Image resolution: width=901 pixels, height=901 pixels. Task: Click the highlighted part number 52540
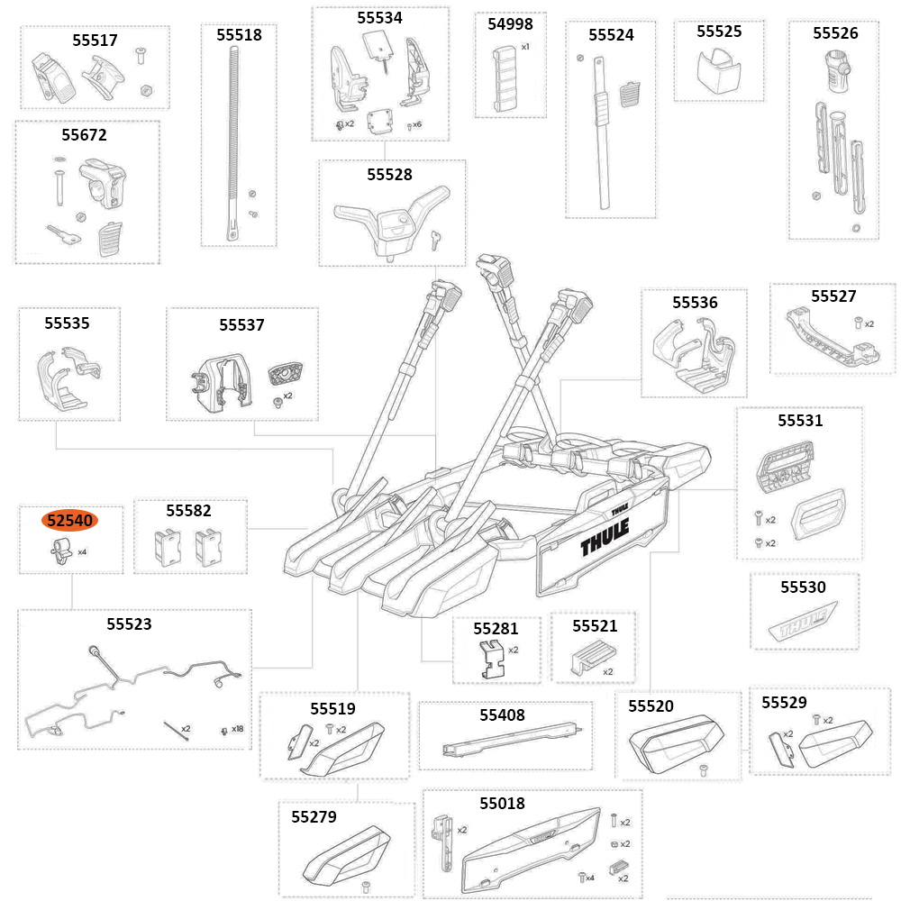coord(71,520)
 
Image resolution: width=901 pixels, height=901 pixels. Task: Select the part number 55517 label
coord(95,41)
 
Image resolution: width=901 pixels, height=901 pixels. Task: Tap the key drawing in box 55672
coord(65,235)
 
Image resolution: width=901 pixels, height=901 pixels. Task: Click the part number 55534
coord(379,17)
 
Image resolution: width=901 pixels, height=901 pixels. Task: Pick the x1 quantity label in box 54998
coord(525,46)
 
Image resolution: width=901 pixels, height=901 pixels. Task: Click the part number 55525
coord(719,32)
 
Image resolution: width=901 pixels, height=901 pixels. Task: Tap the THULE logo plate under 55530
coord(805,623)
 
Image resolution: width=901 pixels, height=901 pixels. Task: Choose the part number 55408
coord(502,714)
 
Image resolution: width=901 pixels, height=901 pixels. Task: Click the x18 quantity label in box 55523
coord(238,729)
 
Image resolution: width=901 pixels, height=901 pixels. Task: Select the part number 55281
coord(496,628)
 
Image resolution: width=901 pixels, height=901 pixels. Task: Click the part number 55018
coord(502,803)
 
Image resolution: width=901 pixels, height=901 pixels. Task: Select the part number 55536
coord(695,303)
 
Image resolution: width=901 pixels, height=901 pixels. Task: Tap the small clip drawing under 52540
coord(62,549)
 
